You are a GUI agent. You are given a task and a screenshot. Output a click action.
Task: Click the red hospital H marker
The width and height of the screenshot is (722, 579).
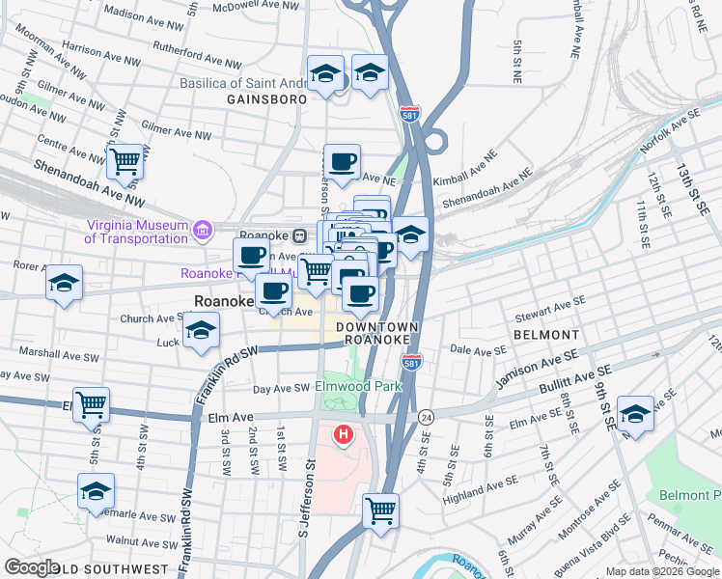(x=342, y=436)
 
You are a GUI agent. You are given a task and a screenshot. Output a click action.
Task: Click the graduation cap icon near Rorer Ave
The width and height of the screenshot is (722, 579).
(x=65, y=283)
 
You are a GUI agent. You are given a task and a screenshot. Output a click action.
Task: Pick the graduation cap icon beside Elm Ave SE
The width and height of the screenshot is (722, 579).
(x=635, y=413)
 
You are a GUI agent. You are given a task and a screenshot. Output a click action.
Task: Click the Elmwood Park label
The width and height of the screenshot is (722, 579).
(x=358, y=387)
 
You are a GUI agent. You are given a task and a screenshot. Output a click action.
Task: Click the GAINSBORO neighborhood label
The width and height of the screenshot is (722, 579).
(x=266, y=99)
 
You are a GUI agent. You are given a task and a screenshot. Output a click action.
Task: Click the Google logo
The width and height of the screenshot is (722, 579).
(x=33, y=567)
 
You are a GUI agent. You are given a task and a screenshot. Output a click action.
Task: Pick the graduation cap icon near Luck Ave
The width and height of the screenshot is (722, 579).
(x=200, y=331)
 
